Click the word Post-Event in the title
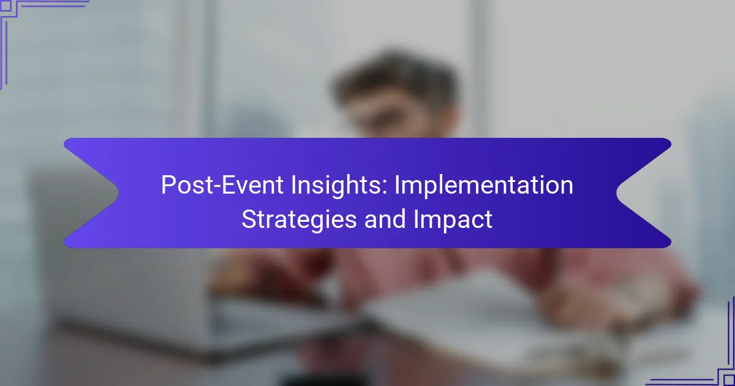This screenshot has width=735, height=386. tap(222, 185)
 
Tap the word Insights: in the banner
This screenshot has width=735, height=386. tap(339, 186)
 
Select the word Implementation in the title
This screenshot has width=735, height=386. tap(484, 186)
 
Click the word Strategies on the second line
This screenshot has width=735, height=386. tap(299, 220)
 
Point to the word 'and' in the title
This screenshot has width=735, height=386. tap(385, 219)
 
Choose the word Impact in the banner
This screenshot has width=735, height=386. tap(453, 220)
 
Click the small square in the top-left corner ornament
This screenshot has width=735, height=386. tap(6, 6)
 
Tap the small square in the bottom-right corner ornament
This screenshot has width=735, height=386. tap(729, 380)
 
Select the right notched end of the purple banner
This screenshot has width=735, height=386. tap(644, 193)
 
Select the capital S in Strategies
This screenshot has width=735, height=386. tap(249, 219)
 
